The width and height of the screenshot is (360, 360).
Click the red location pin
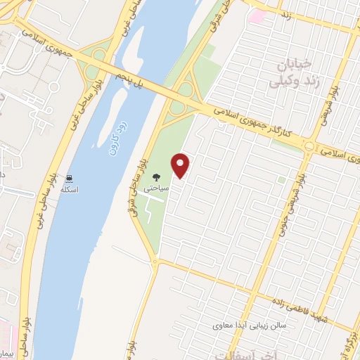point(181,166)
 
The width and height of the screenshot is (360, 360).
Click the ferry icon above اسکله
point(70,178)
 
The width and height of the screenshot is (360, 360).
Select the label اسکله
point(70,190)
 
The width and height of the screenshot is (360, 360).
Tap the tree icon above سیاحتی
point(156,178)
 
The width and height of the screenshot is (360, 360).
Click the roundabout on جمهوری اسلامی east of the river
point(310,146)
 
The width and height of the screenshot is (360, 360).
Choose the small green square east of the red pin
point(281,180)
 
